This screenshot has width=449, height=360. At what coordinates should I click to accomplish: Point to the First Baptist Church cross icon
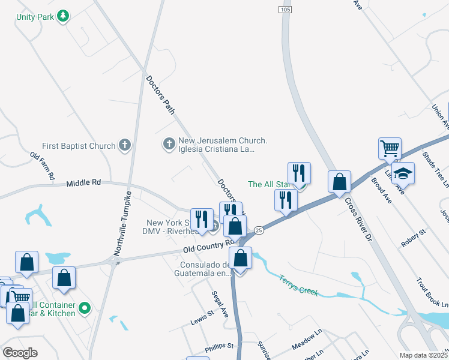(x=124, y=145)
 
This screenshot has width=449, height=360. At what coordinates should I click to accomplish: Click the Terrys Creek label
(x=299, y=285)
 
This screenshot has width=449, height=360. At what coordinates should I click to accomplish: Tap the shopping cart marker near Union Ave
(x=390, y=148)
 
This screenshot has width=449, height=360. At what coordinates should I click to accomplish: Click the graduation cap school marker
(x=403, y=173)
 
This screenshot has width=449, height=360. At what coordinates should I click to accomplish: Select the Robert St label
(x=413, y=237)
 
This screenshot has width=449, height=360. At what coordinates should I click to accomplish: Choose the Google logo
(x=20, y=352)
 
